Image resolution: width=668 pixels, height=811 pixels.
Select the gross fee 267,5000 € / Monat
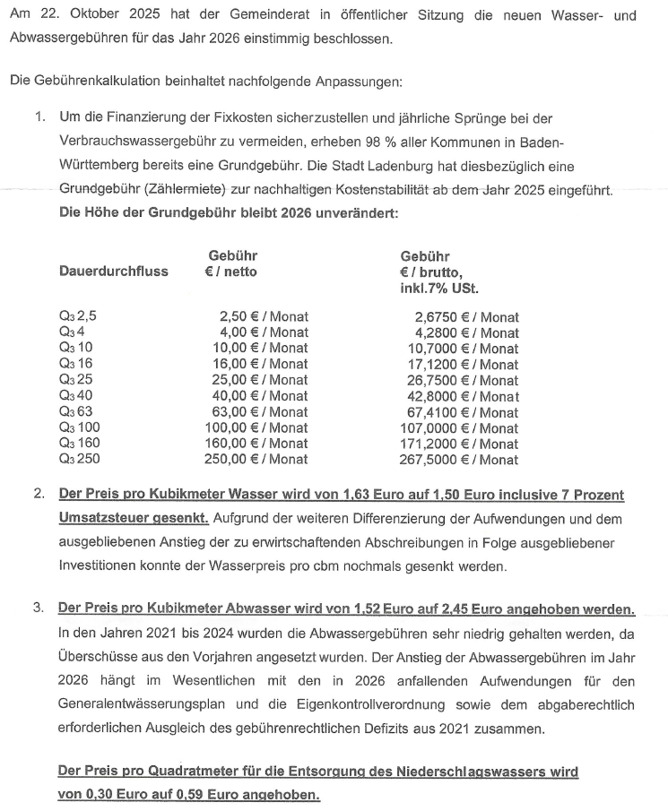(458, 460)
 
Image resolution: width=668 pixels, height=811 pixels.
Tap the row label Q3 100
(80, 427)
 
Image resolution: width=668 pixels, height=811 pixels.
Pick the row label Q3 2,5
(77, 316)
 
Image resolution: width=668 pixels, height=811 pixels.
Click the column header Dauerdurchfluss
(113, 272)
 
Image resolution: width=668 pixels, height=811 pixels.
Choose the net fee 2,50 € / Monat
(264, 316)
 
